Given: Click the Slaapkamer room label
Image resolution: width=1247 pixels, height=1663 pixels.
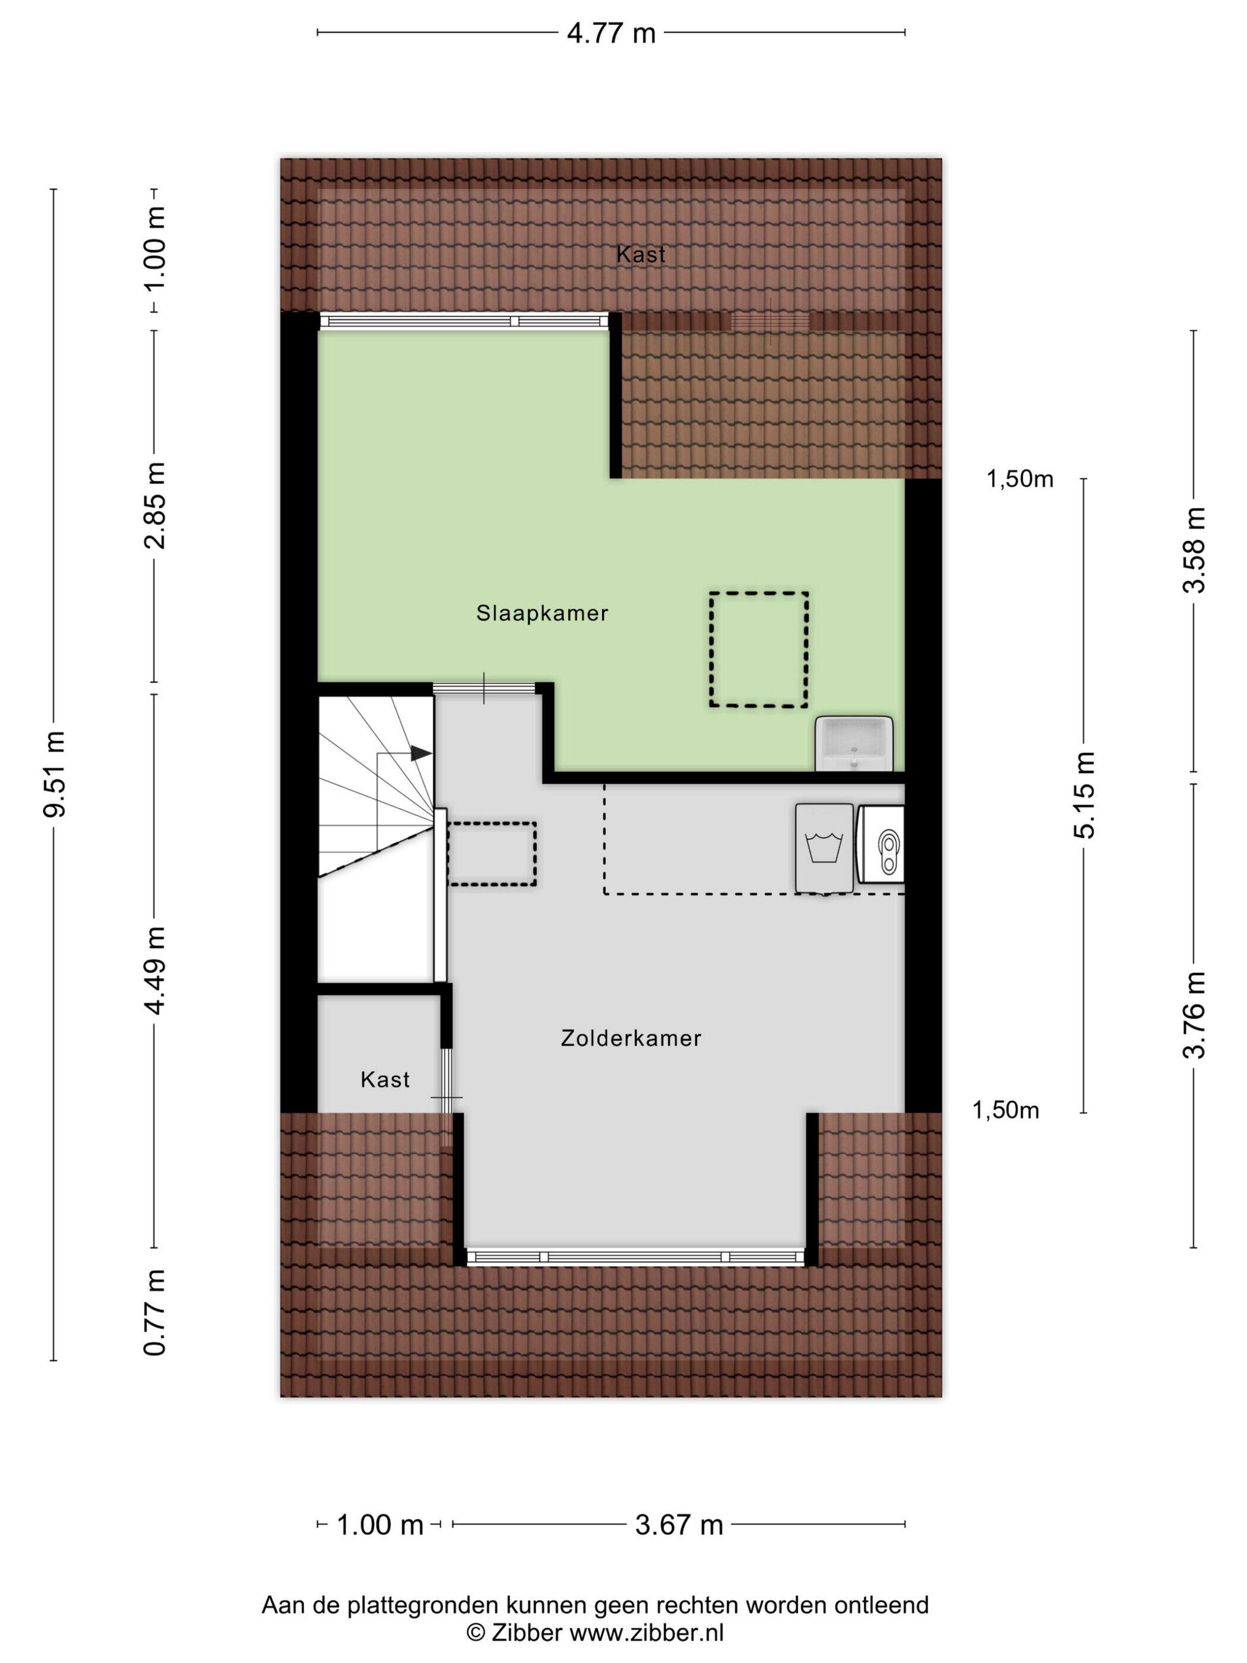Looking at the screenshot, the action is click(x=542, y=614).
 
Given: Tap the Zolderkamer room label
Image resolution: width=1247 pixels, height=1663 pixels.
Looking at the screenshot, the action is click(x=631, y=1038).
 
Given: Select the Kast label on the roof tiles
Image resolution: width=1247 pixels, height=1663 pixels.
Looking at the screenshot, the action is click(x=640, y=254).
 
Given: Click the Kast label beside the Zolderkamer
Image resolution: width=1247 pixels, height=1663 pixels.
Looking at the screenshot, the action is click(x=385, y=1080).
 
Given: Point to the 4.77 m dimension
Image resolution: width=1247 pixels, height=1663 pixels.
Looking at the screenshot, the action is click(x=611, y=33).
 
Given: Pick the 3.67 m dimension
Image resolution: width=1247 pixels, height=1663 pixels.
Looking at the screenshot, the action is click(x=679, y=1525).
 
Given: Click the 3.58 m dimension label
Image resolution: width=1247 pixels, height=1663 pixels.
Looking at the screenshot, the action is click(x=1194, y=549).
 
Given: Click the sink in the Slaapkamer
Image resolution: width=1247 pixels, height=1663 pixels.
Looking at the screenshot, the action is click(x=854, y=744).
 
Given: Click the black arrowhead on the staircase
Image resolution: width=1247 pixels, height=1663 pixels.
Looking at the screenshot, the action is click(x=421, y=753).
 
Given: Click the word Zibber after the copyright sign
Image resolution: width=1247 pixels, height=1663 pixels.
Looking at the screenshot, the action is click(x=526, y=1632).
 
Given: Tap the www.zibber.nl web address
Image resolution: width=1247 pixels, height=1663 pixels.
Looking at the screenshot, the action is click(x=647, y=1632).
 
